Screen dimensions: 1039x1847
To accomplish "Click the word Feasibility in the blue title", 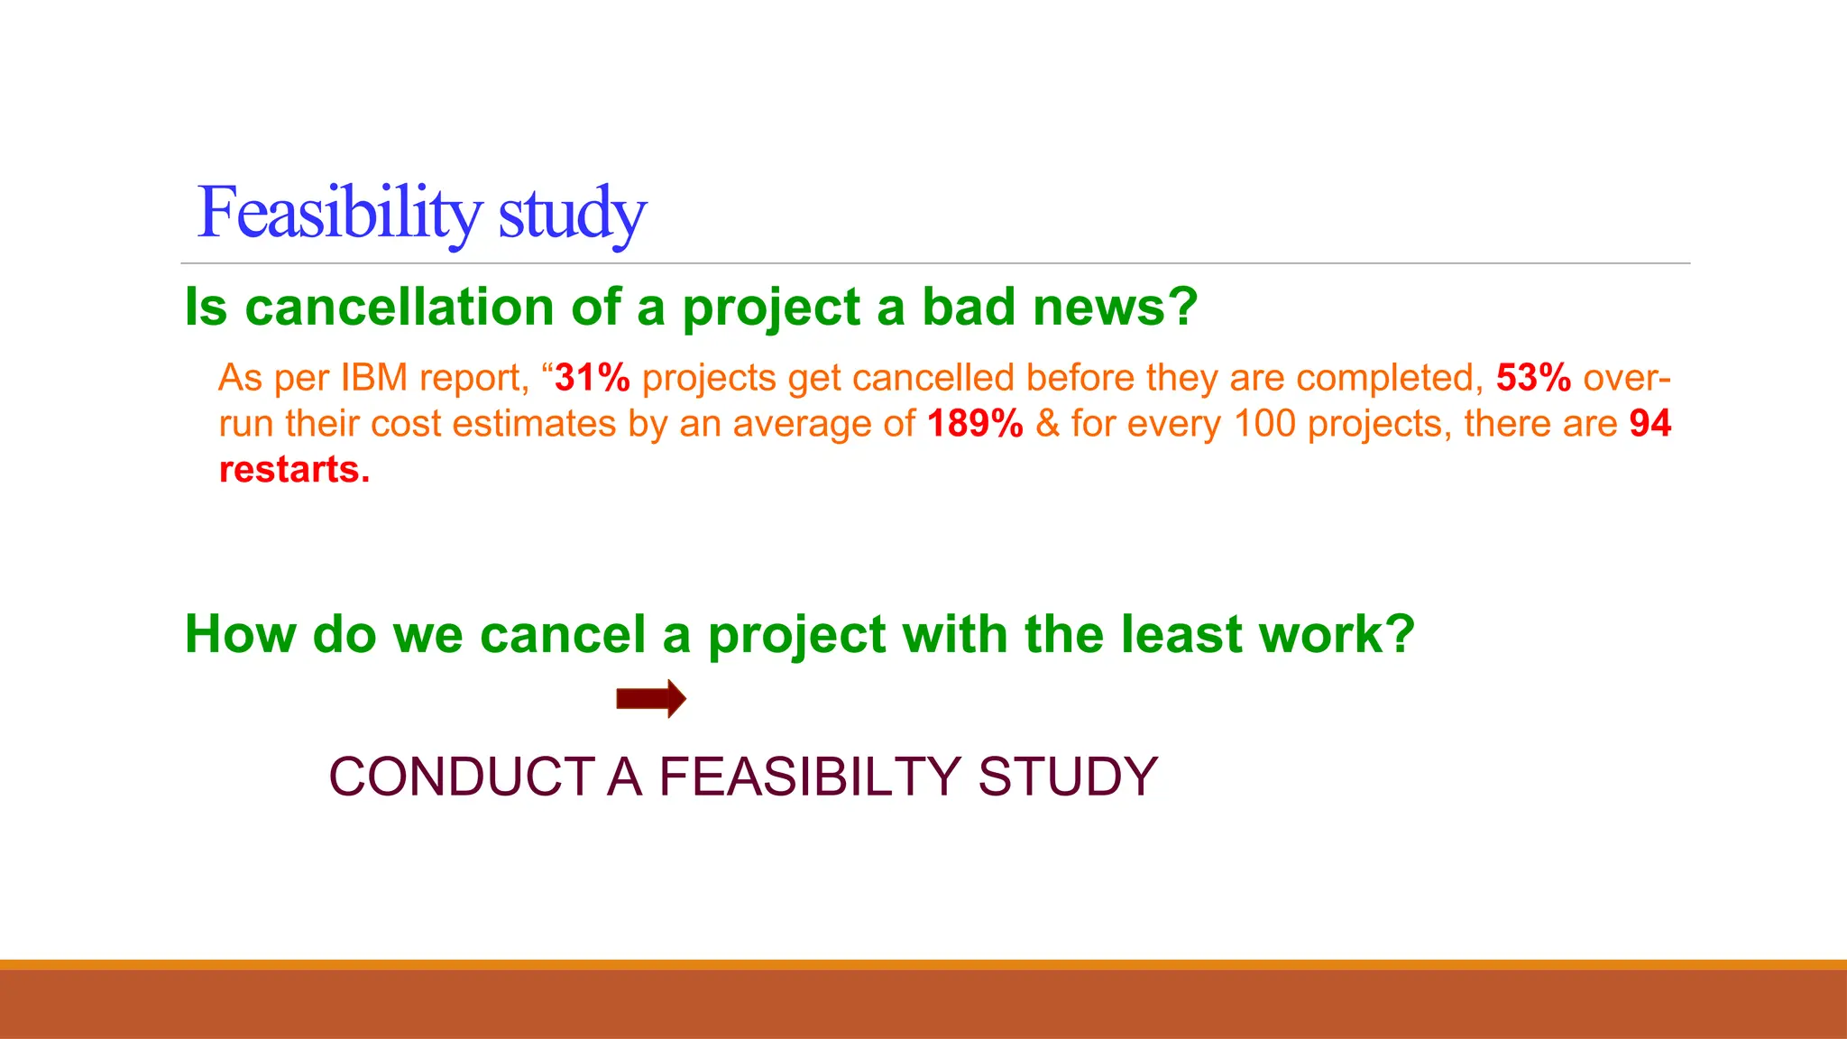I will (x=339, y=213).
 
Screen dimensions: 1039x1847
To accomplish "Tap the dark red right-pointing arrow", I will (x=651, y=699).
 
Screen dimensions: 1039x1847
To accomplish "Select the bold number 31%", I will (x=593, y=378).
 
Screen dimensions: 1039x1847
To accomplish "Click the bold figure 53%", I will (x=1533, y=378).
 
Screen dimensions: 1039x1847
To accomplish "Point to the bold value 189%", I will (x=975, y=424).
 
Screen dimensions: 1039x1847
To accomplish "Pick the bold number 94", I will (x=1650, y=424).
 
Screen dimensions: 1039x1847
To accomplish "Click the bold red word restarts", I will (x=294, y=470).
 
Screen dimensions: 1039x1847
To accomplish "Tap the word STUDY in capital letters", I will (x=1068, y=777).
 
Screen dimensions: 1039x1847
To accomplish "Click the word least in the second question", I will (x=1182, y=634).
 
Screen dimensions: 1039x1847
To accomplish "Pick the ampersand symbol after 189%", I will (x=1047, y=424).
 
